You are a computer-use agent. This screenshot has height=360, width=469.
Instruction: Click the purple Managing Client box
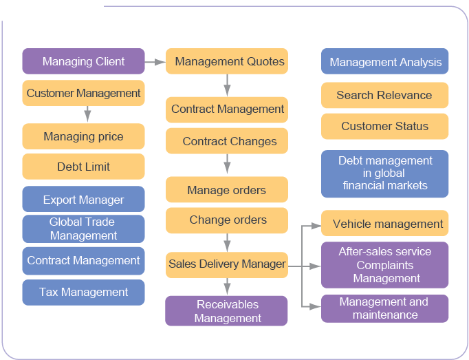[x=83, y=61]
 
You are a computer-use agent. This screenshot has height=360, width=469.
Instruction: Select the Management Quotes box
[x=227, y=61]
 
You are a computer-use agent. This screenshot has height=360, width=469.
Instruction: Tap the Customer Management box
[x=83, y=93]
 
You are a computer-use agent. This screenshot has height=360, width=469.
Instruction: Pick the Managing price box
[x=83, y=136]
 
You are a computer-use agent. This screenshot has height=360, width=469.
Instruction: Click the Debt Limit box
[x=83, y=167]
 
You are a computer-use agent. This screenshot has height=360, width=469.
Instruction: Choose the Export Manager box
[x=83, y=200]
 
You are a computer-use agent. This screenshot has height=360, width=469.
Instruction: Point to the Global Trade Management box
[x=83, y=229]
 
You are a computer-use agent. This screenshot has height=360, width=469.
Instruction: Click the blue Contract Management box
[x=83, y=260]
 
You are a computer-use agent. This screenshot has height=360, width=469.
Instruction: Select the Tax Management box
[x=83, y=292]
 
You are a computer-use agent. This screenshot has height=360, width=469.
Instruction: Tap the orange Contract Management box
[x=227, y=109]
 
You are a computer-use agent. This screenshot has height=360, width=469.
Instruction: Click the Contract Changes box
[x=227, y=141]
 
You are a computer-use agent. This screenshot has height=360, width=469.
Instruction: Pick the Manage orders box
[x=227, y=190]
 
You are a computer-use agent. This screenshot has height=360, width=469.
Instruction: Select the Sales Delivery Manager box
[x=227, y=264]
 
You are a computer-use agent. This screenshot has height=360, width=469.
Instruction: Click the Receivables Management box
[x=227, y=311]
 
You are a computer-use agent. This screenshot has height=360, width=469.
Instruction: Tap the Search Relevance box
[x=384, y=95]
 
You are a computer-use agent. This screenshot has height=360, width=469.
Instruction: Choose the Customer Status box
[x=384, y=126]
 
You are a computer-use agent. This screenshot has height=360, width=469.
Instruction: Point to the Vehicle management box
[x=384, y=224]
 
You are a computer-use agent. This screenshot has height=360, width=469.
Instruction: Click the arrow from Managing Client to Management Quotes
[x=155, y=62]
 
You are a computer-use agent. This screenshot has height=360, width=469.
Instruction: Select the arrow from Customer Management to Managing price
[x=87, y=114]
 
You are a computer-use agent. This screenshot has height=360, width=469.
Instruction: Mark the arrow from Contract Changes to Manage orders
[x=227, y=165]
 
